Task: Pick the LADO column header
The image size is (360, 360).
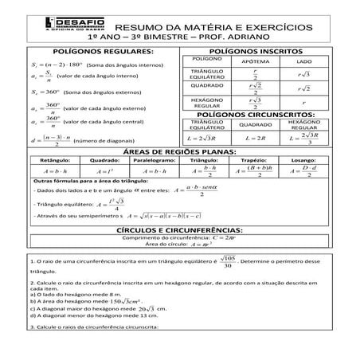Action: [303, 61]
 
